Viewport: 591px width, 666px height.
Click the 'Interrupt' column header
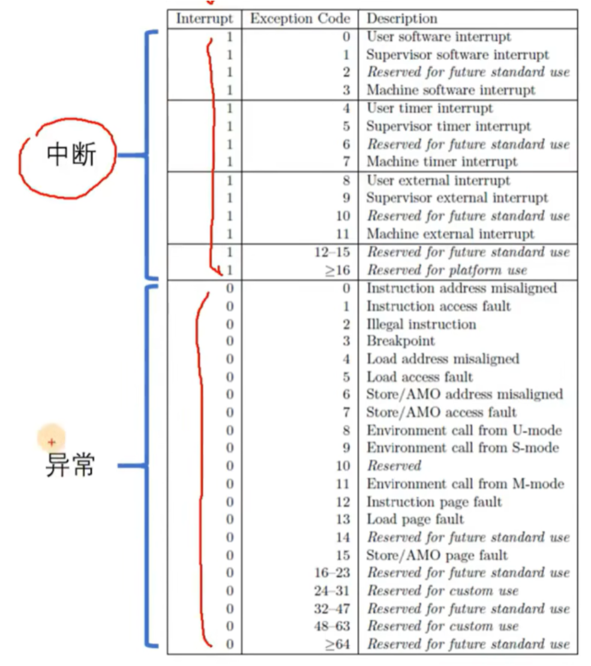point(204,19)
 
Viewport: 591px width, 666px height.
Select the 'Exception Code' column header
point(300,19)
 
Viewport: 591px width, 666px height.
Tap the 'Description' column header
point(402,19)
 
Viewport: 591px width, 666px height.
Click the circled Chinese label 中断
point(71,155)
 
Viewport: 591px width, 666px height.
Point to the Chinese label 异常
point(70,465)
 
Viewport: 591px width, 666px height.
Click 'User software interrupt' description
point(439,37)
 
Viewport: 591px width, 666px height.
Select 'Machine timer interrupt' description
point(442,161)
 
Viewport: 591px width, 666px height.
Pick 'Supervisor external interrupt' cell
point(457,197)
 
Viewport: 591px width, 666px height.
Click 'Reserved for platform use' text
point(446,270)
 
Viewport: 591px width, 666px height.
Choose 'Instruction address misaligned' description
point(461,288)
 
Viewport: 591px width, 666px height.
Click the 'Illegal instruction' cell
point(421,324)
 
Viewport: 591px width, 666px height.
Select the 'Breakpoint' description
point(401,341)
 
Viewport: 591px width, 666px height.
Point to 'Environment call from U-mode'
point(464,430)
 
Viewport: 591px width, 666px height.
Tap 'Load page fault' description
point(415,519)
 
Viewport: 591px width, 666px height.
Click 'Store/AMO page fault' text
point(437,555)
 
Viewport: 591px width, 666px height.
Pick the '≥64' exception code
point(337,645)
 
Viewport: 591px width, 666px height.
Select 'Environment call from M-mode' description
point(465,484)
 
